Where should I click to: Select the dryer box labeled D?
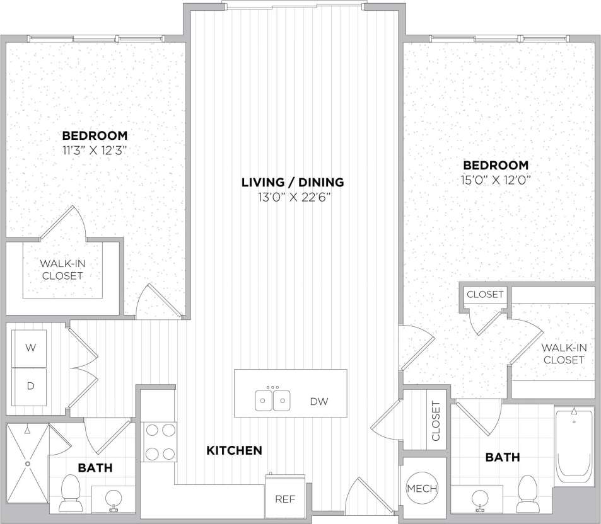pyautogui.click(x=30, y=385)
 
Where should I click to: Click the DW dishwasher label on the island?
pyautogui.click(x=319, y=401)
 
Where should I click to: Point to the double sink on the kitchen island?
pyautogui.click(x=273, y=399)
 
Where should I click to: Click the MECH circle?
pyautogui.click(x=421, y=489)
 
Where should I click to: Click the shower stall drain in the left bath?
pyautogui.click(x=28, y=464)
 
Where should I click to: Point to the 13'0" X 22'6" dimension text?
pyautogui.click(x=293, y=196)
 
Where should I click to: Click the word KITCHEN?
pyautogui.click(x=234, y=450)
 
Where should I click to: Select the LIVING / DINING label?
pyautogui.click(x=293, y=183)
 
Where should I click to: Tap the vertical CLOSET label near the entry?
pyautogui.click(x=435, y=420)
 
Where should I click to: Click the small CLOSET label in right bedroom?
pyautogui.click(x=485, y=294)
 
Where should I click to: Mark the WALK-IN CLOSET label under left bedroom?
pyautogui.click(x=62, y=270)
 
